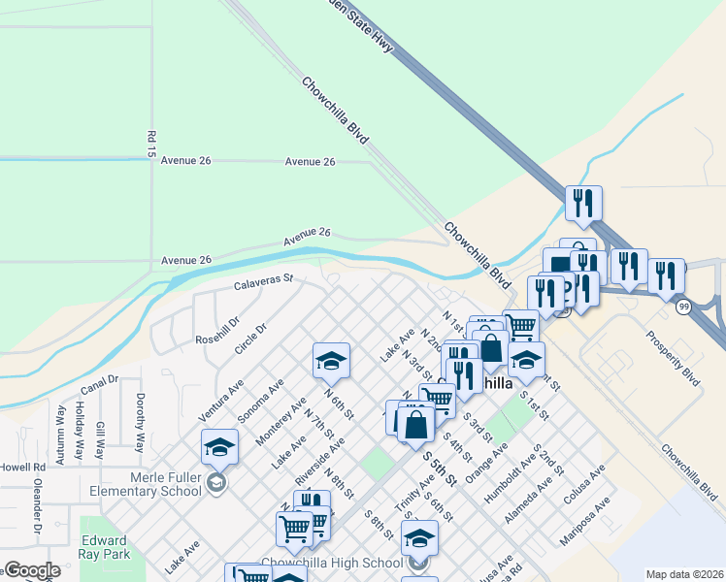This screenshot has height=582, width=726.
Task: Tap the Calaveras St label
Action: (263, 282)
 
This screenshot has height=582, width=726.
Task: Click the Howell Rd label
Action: (15, 467)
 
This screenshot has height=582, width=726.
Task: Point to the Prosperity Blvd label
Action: (673, 360)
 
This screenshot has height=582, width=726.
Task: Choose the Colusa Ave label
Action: (583, 482)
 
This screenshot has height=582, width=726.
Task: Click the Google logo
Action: (32, 570)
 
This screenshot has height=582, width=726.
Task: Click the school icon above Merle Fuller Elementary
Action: (220, 447)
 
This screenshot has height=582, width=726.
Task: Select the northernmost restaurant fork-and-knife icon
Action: (583, 203)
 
